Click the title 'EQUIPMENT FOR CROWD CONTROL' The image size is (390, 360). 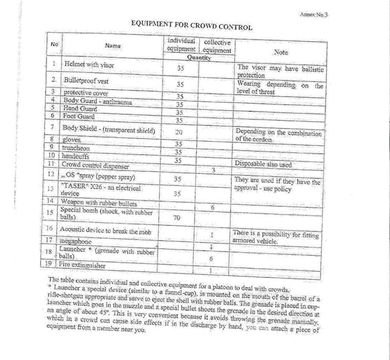191,26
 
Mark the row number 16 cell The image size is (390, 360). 49,229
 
